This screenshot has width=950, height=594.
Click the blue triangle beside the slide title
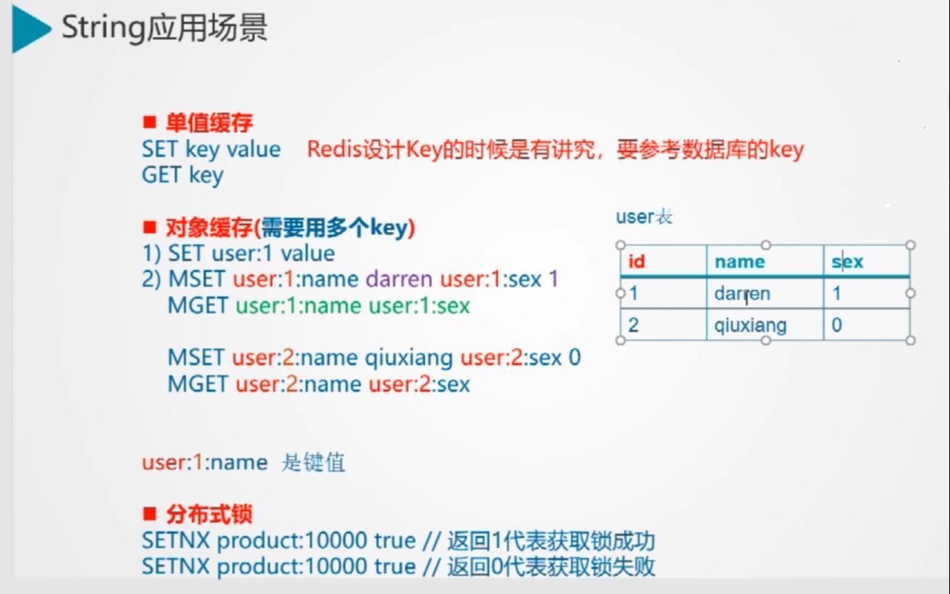coord(29,31)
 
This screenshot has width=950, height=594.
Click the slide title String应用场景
coord(164,29)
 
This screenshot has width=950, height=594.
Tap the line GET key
coord(182,175)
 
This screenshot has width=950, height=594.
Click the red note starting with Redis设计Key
coord(554,149)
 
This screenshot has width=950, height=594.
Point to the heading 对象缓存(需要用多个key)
coord(290,228)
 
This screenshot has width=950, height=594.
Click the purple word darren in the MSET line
coord(399,279)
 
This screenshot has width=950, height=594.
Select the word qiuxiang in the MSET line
coord(409,358)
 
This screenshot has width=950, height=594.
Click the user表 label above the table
coord(644,217)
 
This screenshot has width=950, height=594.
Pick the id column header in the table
coord(637,262)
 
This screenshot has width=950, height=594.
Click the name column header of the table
coord(739,262)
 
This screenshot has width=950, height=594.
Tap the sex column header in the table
coord(847,262)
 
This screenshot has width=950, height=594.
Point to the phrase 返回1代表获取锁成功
coord(551,541)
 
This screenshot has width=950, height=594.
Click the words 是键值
coord(312,462)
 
